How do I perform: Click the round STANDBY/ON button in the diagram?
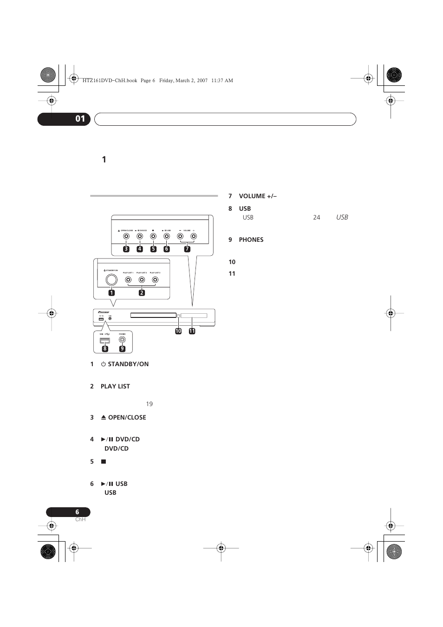(111, 279)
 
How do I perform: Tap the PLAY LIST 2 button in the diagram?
(142, 280)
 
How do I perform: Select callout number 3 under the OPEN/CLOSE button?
(126, 249)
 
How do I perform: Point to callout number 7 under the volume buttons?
(187, 249)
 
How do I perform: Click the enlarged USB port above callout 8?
(104, 341)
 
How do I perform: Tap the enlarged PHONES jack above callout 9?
(122, 339)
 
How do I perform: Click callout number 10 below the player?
(178, 331)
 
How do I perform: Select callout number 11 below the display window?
(192, 331)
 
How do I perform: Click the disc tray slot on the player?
(153, 315)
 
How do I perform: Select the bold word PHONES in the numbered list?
(251, 239)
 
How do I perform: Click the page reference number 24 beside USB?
(316, 217)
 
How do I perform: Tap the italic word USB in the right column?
(342, 217)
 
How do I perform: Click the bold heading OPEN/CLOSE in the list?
(127, 417)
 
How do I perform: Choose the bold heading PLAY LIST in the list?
(115, 386)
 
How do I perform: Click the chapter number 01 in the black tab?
(80, 119)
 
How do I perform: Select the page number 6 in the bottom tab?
(77, 512)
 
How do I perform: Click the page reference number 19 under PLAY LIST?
(149, 404)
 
